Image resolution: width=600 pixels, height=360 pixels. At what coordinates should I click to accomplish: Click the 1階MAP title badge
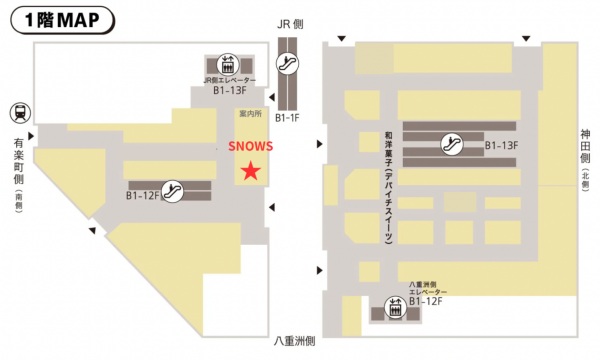pyautogui.click(x=61, y=18)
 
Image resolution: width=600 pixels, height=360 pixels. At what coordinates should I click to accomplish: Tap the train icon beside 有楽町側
pyautogui.click(x=19, y=112)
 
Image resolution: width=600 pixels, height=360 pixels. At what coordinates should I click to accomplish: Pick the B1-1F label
pyautogui.click(x=289, y=119)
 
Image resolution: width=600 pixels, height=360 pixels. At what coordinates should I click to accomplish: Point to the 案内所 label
pyautogui.click(x=250, y=114)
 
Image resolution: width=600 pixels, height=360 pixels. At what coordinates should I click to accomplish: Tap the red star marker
pyautogui.click(x=250, y=172)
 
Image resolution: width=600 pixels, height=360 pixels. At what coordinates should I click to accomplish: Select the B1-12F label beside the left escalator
pyautogui.click(x=144, y=195)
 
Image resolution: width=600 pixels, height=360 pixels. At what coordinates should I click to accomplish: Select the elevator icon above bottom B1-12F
pyautogui.click(x=395, y=310)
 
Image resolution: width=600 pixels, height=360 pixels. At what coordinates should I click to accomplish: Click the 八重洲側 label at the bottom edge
pyautogui.click(x=295, y=342)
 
